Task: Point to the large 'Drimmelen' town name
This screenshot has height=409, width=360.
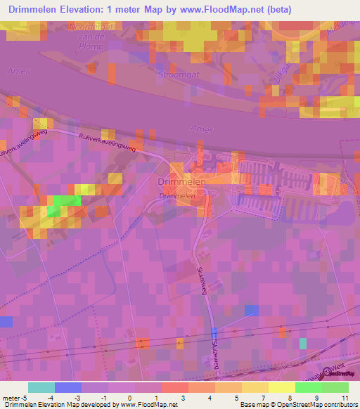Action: (x=177, y=182)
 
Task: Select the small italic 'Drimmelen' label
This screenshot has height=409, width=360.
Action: (x=176, y=196)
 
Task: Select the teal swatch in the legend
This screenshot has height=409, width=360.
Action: (x=41, y=387)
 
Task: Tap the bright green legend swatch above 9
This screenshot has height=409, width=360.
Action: (x=308, y=387)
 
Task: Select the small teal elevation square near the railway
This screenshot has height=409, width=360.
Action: (x=303, y=343)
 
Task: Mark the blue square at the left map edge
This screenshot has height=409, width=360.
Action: (x=6, y=321)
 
